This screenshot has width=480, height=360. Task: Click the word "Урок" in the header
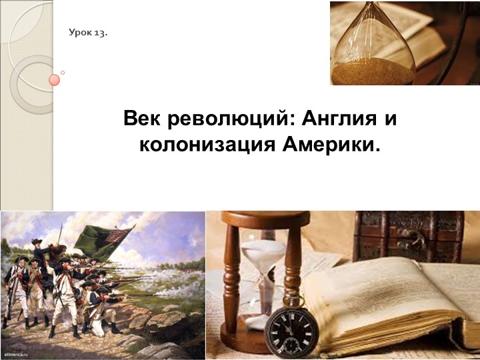80,33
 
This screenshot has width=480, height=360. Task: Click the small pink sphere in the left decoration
55,80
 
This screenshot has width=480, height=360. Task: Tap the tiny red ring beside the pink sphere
63,73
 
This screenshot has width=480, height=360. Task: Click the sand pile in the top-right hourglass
373,69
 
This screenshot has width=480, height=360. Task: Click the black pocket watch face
287,330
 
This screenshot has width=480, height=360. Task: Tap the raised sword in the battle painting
61,233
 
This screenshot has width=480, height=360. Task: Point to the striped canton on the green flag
121,235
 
